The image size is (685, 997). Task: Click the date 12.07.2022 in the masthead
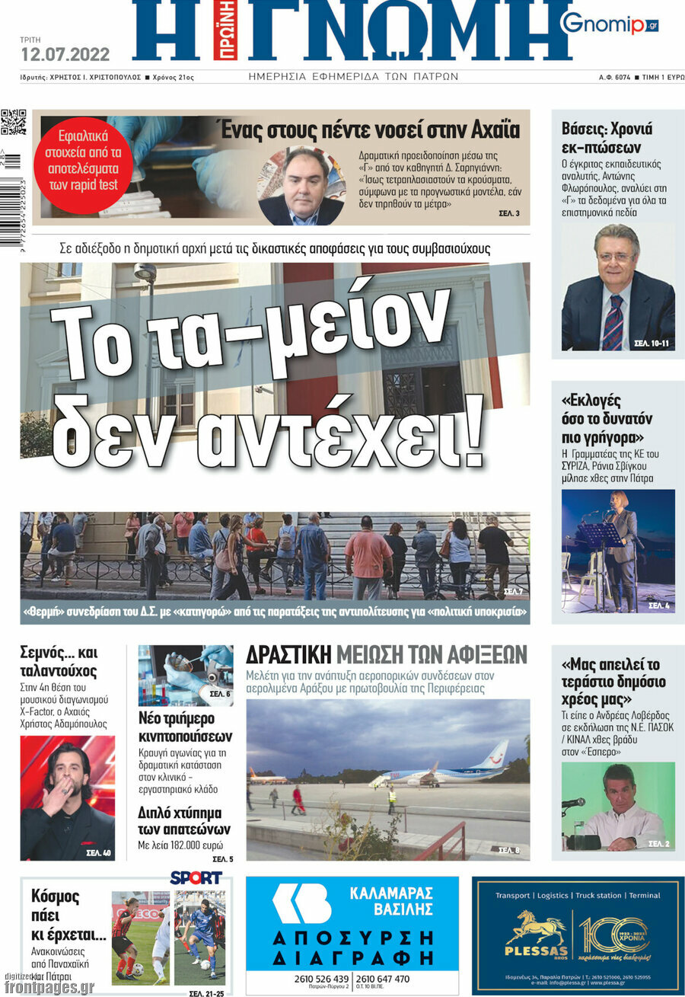click(65, 55)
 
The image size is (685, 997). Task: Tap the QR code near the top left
click(13, 122)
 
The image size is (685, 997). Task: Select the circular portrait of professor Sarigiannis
click(301, 186)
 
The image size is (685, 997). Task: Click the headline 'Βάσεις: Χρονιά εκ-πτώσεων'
click(607, 138)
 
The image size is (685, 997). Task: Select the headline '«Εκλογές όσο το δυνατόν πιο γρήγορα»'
click(607, 419)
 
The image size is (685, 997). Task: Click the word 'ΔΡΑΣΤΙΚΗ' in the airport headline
click(288, 654)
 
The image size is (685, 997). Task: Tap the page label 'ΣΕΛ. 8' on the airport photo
click(509, 849)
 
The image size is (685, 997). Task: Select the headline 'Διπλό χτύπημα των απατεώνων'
click(184, 820)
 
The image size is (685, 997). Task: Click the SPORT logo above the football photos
click(196, 877)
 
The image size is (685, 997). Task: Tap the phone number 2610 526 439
click(321, 979)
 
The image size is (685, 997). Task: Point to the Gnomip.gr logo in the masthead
click(609, 24)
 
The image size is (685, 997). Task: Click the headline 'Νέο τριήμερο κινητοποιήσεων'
click(185, 727)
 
